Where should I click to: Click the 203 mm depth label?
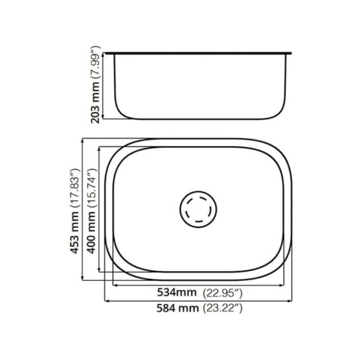click(x=96, y=105)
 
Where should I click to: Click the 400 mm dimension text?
click(x=92, y=232)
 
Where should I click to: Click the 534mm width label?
click(x=176, y=293)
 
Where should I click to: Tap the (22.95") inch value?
click(x=222, y=293)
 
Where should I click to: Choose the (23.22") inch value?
click(x=222, y=308)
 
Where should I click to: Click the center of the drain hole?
click(x=198, y=209)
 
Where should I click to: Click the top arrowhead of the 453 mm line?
click(x=82, y=140)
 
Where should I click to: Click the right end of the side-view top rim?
click(x=291, y=53)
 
